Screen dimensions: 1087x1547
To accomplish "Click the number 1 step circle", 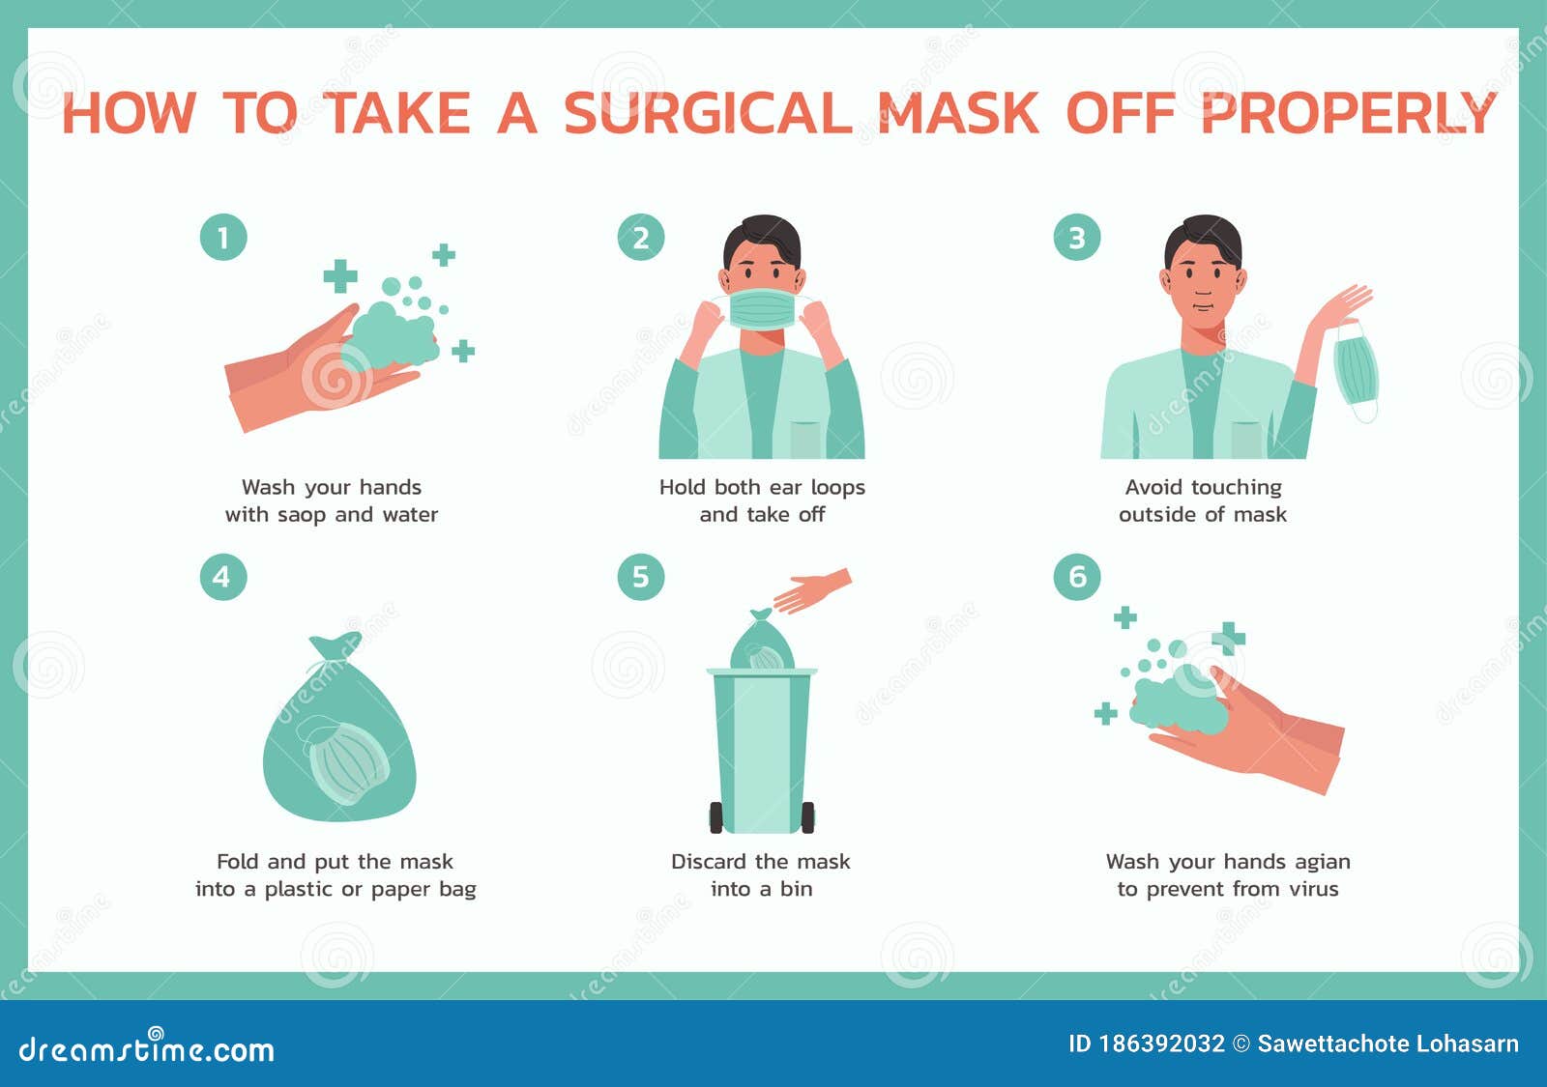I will coord(223,238).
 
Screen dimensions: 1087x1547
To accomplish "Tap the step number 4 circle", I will coord(222,577).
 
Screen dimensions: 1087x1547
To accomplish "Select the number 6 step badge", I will coord(1076,577).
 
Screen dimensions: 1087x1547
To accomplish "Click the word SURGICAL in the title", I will coord(707,114).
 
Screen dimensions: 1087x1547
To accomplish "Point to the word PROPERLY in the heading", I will coord(1348,114).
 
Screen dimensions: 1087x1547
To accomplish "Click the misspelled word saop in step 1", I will coord(302,515).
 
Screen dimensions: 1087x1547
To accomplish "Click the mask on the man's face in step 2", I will coord(762,308).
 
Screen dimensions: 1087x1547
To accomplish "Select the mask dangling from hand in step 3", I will coord(1356,370).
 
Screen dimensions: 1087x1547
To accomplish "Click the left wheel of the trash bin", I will coord(716,817).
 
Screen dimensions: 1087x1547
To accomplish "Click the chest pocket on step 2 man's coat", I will coord(805,439).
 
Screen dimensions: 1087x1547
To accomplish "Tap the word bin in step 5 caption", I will coord(796,889).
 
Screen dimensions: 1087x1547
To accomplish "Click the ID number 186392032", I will coord(1161,1044).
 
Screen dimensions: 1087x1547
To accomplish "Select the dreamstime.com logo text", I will coord(147,1048).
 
